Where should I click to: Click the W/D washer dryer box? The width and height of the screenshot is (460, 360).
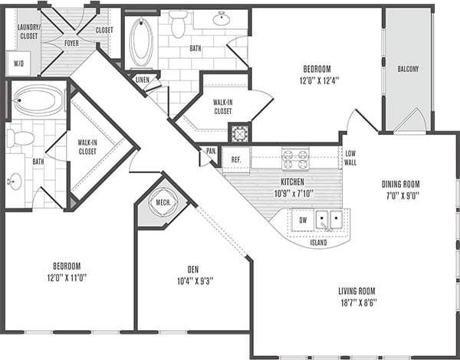tap(19, 64)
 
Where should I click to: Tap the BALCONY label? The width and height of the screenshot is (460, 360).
tap(408, 69)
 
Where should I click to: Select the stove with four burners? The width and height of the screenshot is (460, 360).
tap(295, 159)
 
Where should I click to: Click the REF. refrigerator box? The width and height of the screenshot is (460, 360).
tap(236, 159)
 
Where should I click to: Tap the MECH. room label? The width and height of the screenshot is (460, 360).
tap(163, 203)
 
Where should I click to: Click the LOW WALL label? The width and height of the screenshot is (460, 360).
tap(350, 158)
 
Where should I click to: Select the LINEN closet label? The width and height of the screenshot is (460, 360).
tap(143, 79)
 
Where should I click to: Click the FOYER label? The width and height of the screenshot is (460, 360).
tap(71, 43)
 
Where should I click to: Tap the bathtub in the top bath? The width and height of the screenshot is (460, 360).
tap(141, 41)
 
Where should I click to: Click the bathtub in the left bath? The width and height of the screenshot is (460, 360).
tap(38, 100)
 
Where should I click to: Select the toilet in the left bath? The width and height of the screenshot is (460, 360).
tap(21, 138)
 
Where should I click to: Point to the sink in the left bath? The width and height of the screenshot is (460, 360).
tap(15, 182)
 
